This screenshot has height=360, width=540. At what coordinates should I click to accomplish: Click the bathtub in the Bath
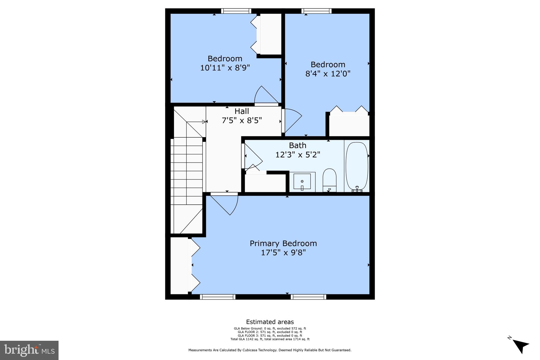coord(357,166)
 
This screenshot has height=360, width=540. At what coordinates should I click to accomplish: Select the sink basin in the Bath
coord(302,181)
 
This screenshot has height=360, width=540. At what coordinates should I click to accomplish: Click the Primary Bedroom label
coord(283,243)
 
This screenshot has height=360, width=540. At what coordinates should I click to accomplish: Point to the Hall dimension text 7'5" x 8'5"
coord(242,121)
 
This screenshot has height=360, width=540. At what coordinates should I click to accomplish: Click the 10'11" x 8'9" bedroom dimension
coord(225,68)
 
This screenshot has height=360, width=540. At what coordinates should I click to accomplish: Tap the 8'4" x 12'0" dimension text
coord(328,74)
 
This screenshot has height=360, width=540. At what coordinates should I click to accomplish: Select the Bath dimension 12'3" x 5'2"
coord(298,155)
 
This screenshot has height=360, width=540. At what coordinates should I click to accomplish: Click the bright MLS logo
coord(29,350)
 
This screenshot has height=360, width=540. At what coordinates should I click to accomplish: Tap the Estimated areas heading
coord(270,322)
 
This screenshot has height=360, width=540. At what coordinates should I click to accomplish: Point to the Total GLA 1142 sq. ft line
coord(270,339)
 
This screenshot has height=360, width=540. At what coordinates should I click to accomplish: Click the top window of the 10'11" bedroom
coord(236,11)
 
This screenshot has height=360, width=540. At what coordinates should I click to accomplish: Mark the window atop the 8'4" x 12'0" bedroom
coord(316,11)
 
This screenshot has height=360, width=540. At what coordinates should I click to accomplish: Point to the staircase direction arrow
coord(204,122)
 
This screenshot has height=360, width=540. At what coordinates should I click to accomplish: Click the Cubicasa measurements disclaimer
coord(270,350)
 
